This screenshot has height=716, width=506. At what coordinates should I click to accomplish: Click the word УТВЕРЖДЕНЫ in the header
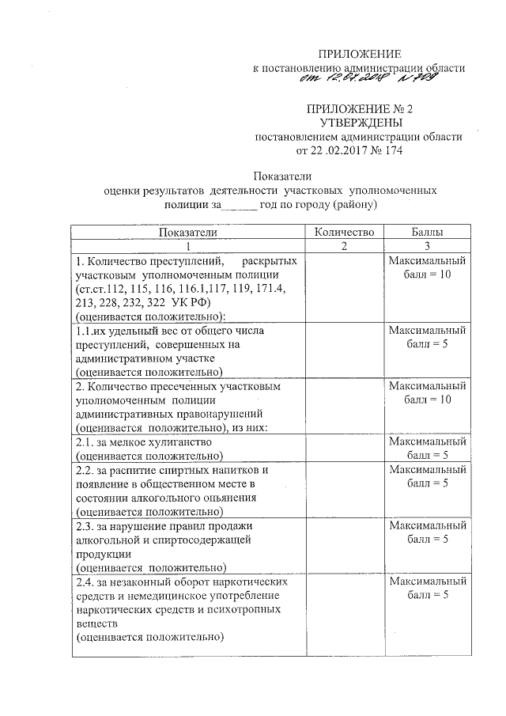359,123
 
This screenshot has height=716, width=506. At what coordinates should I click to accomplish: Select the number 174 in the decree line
383,150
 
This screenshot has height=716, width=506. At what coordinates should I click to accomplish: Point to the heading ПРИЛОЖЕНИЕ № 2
360,108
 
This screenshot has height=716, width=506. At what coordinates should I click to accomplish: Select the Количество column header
343,232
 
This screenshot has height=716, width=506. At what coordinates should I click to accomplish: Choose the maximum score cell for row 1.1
427,337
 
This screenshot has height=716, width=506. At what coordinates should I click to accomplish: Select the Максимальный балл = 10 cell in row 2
427,393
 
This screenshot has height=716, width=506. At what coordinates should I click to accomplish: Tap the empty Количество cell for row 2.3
343,544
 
